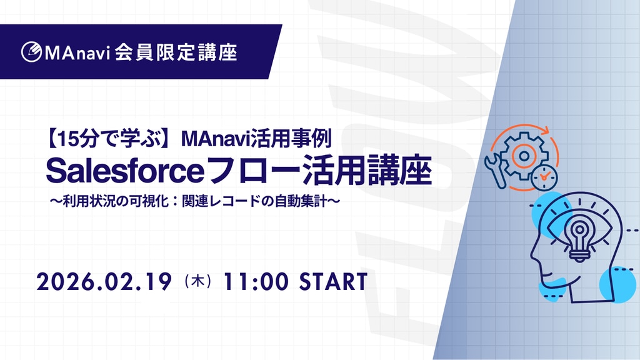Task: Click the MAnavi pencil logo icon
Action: tap(31, 52)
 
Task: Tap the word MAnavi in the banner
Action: tap(77, 52)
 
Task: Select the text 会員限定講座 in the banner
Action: tap(176, 52)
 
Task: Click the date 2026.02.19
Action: tap(104, 282)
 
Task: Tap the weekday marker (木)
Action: tap(198, 282)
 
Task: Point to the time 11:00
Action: tap(256, 282)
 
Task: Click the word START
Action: tap(334, 282)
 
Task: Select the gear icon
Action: tap(524, 156)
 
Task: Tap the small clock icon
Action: tap(544, 177)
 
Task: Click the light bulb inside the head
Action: tap(579, 241)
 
